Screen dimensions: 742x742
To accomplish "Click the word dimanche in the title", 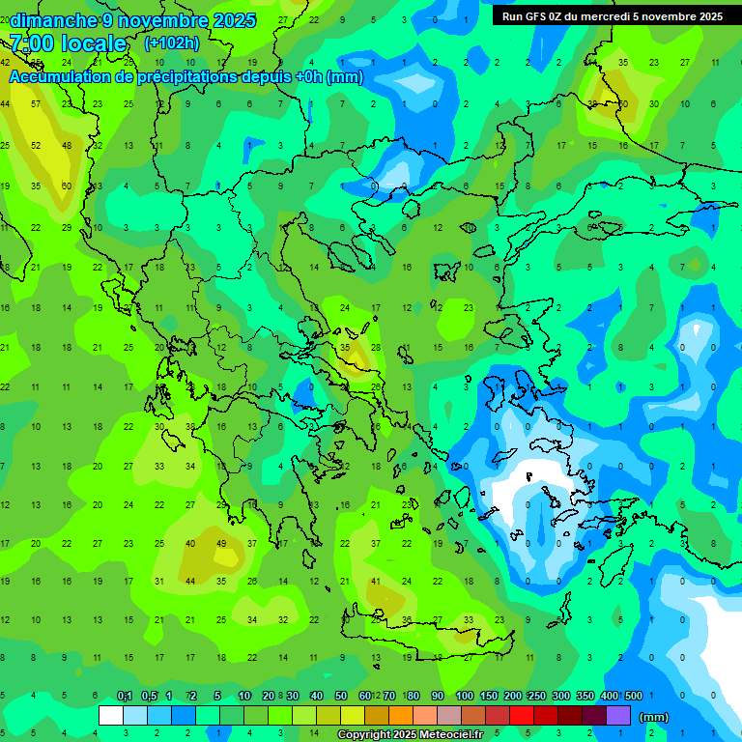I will [x=54, y=20].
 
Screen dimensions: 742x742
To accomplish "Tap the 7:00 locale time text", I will [x=68, y=43].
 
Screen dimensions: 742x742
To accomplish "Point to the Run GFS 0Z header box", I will [x=612, y=16].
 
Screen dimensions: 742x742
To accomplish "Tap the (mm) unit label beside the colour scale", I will [x=654, y=717].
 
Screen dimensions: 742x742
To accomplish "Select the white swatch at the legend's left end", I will [x=111, y=716].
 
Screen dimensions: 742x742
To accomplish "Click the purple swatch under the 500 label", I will [x=618, y=716].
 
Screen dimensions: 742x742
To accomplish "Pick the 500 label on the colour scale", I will [x=633, y=696].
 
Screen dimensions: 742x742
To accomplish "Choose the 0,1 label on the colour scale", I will [x=125, y=696].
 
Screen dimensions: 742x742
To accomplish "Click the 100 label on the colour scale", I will [x=464, y=696].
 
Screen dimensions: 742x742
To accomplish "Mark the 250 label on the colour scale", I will [x=536, y=696].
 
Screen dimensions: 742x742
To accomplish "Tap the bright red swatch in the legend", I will [x=522, y=716].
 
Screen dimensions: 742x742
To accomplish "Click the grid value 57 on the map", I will [x=36, y=103].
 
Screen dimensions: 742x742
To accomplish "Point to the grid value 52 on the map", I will [x=36, y=145].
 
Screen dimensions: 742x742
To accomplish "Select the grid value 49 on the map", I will [x=221, y=543].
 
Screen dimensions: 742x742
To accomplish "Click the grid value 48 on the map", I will [x=67, y=145].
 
